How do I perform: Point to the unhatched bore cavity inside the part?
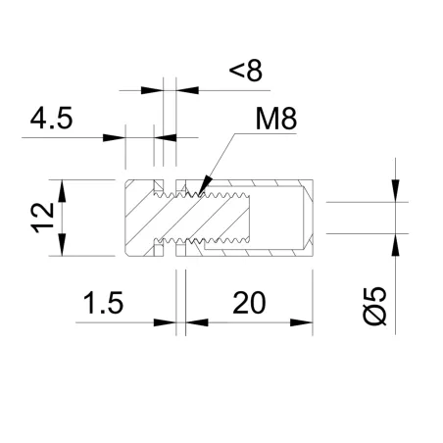(279, 218)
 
